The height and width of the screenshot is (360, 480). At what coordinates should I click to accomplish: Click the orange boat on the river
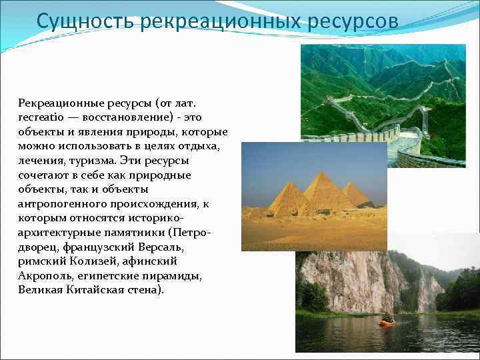[386, 321]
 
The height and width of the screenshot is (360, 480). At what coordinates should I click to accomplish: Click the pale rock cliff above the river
[347, 280]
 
